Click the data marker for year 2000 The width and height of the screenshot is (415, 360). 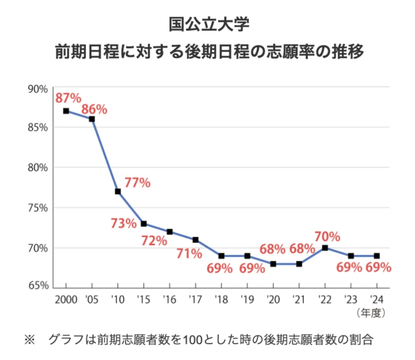[66, 111]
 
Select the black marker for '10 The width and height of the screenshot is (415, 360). [118, 191]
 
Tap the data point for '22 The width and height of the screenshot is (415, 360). [325, 248]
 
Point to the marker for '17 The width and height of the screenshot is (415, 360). [195, 240]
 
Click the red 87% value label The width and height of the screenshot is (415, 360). [68, 98]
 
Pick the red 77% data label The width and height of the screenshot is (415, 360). [137, 183]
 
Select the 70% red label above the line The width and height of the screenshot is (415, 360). [327, 236]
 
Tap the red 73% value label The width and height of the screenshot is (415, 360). [123, 223]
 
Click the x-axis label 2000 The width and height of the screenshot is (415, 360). [66, 300]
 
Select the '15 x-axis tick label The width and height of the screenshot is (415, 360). [143, 300]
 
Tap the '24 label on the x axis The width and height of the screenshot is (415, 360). [376, 300]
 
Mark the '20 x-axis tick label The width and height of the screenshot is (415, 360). [273, 300]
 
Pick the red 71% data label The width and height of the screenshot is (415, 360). [189, 254]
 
